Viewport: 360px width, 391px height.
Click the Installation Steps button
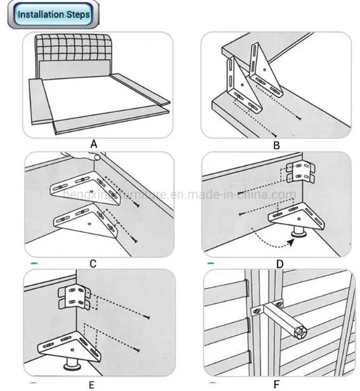pyautogui.click(x=53, y=14)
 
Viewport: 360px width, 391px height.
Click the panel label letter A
pyautogui.click(x=94, y=144)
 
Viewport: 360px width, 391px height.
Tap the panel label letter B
pyautogui.click(x=276, y=145)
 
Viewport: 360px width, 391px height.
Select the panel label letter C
pyautogui.click(x=93, y=264)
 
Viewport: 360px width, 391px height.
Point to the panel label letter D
pyautogui.click(x=280, y=264)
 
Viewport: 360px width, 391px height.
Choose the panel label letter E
pyautogui.click(x=91, y=385)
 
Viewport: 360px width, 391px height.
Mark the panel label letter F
pyautogui.click(x=276, y=384)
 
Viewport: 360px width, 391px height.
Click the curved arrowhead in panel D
pyautogui.click(x=290, y=242)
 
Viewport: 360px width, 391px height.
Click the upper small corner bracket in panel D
pyautogui.click(x=300, y=172)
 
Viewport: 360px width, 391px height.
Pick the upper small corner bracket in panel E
pyautogui.click(x=74, y=297)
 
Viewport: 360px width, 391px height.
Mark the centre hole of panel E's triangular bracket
pyautogui.click(x=72, y=350)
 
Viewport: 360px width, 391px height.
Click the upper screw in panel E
pyautogui.click(x=146, y=317)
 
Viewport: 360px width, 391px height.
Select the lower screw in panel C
pyautogui.click(x=134, y=240)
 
